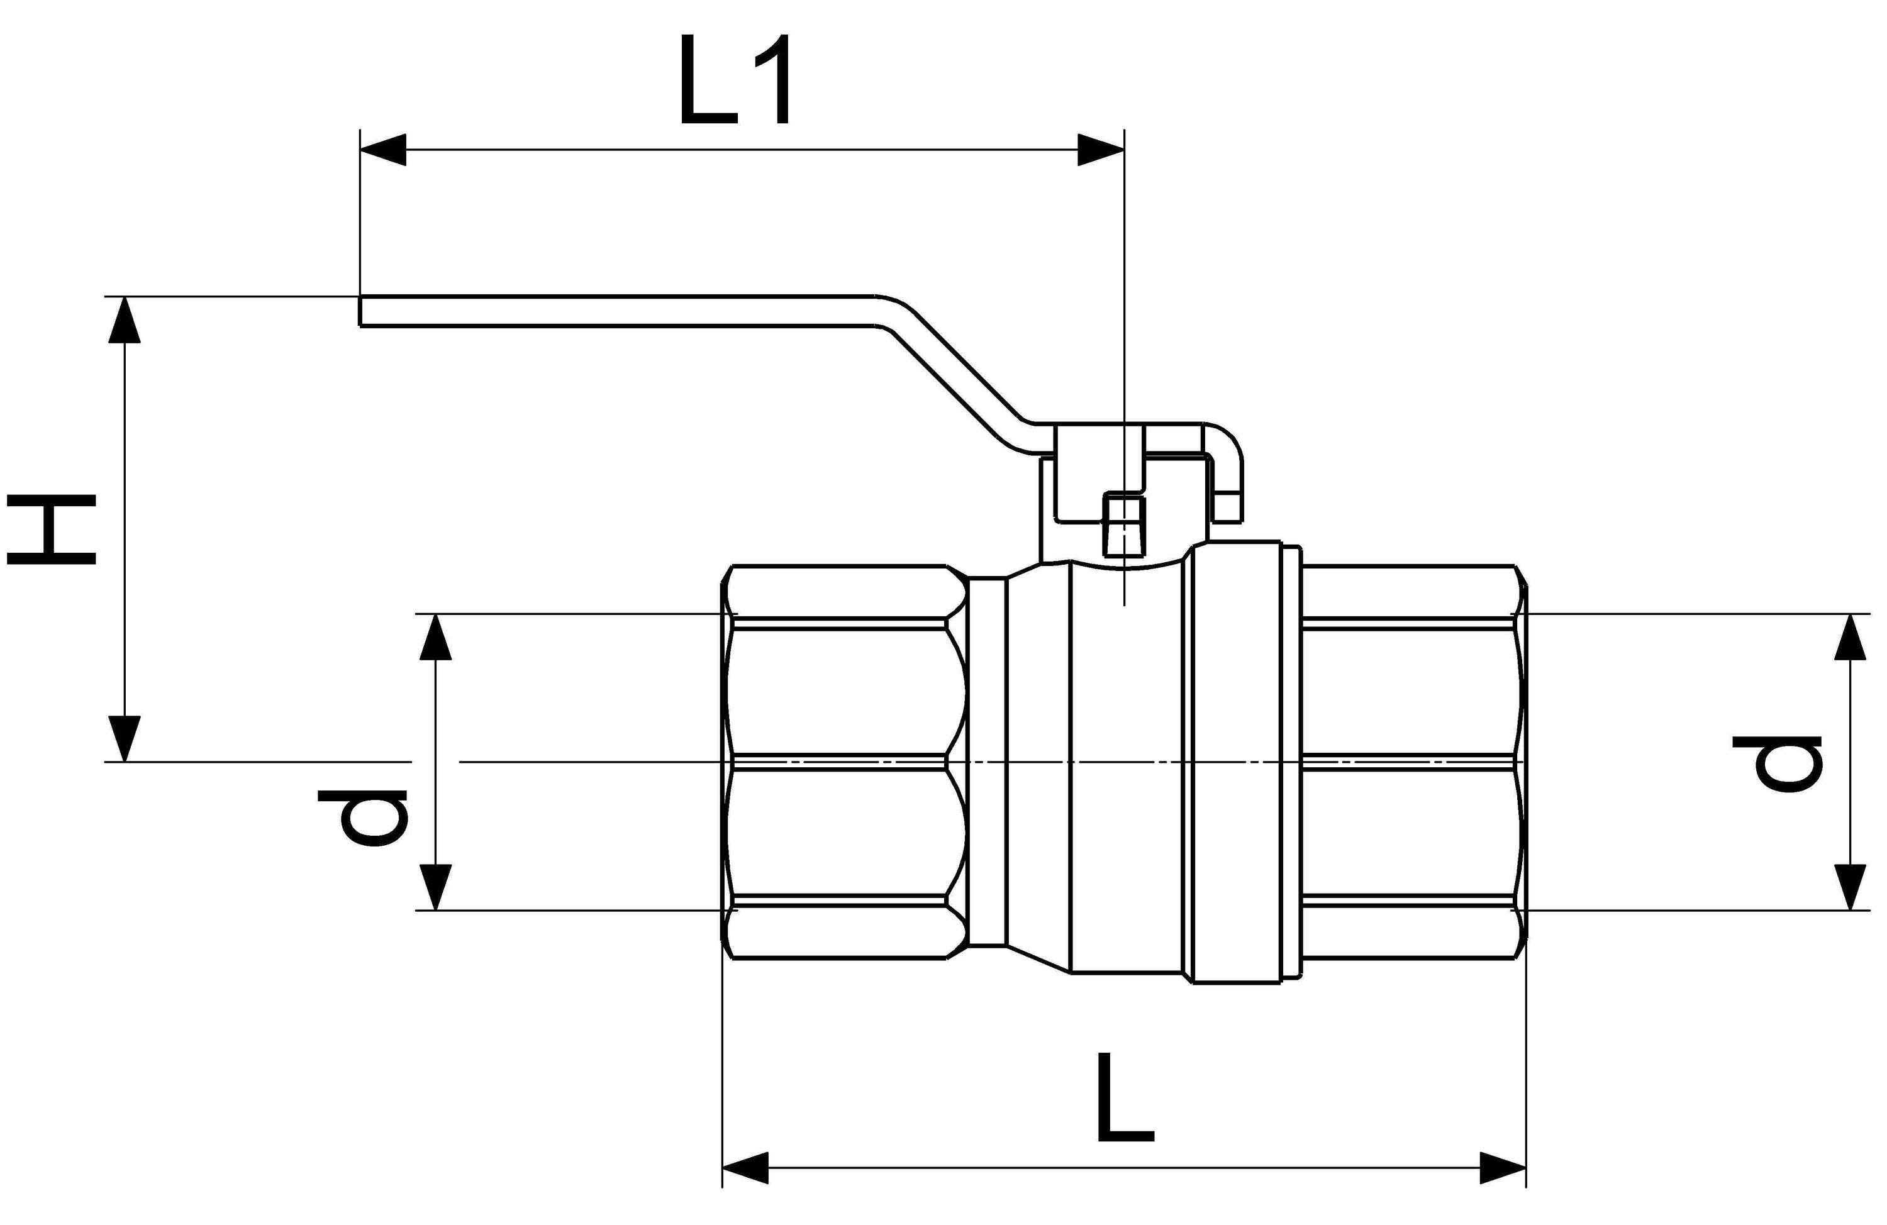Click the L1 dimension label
coord(735,79)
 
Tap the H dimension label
coord(52,529)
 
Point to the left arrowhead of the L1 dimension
coord(382,149)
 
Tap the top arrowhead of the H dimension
coord(125,319)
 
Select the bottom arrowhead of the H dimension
coord(125,738)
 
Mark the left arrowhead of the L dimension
coord(745,1168)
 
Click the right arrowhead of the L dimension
coord(1503,1168)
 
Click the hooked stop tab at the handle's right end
coord(1227,476)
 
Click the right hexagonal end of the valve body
coord(1411,763)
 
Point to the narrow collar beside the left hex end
coord(987,763)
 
